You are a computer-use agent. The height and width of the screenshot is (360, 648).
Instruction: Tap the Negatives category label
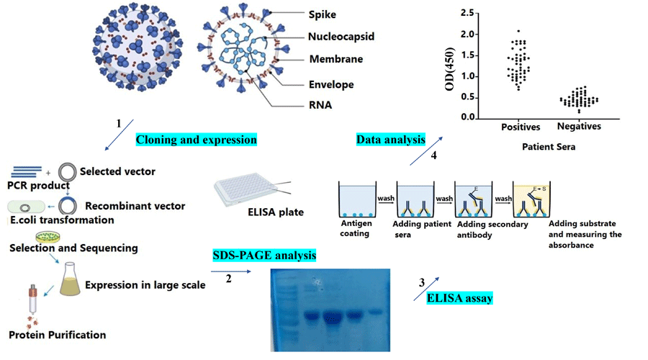point(579,127)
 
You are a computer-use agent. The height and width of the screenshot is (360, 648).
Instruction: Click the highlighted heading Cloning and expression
point(196,139)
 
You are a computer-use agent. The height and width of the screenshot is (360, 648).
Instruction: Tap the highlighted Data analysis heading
point(391,139)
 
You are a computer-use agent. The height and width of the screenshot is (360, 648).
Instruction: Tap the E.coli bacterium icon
point(22,206)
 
